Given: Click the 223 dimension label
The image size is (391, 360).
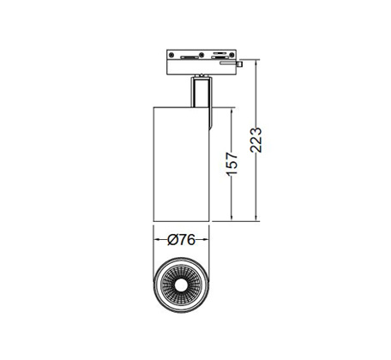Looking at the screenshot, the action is (256, 140).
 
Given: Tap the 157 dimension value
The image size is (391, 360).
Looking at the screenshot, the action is (232, 164).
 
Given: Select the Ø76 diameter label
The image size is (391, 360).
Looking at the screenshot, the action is (181, 240).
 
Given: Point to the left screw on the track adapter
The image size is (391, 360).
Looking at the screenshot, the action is (171, 55).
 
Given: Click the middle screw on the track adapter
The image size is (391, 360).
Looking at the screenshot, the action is (202, 55).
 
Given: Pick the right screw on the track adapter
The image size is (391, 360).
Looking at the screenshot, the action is (232, 55).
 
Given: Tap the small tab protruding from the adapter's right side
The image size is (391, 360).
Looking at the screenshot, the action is (239, 64).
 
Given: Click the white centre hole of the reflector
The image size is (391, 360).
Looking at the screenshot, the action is (182, 285).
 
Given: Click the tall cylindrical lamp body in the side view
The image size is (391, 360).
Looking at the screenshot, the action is (182, 165).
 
